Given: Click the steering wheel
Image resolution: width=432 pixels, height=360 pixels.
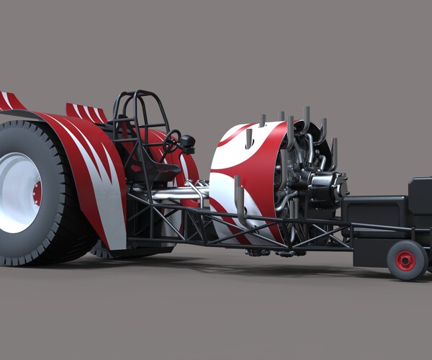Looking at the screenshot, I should [171, 141].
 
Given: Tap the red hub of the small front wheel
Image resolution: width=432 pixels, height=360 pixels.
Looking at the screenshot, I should [405, 261].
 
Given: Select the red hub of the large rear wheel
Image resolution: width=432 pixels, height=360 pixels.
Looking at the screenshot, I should [37, 193].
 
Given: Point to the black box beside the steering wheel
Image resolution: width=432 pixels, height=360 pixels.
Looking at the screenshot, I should [188, 143].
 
